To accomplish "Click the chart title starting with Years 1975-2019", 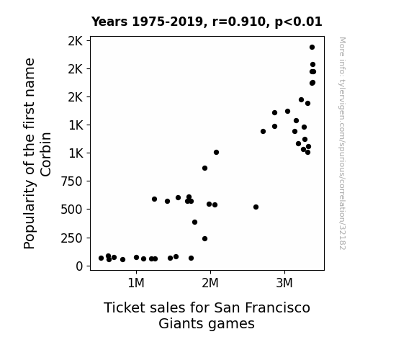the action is (x=207, y=22).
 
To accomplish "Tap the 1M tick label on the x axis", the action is (x=136, y=284).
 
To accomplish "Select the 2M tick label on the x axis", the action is (x=210, y=284).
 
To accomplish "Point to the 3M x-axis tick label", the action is (x=284, y=284).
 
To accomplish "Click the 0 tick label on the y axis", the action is (x=79, y=266).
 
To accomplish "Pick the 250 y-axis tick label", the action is (x=72, y=238).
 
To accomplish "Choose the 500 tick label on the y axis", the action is (x=72, y=210).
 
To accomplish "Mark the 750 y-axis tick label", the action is (x=72, y=181).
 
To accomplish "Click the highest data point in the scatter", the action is (x=312, y=48).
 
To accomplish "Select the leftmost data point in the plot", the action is (x=101, y=258).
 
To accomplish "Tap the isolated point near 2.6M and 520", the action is (x=256, y=207).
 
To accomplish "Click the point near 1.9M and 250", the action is (x=204, y=239).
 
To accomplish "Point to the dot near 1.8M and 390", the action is (x=195, y=222).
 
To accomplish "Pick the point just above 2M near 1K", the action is (x=216, y=153).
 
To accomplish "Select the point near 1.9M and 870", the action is (x=204, y=168).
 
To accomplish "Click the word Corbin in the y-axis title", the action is (x=46, y=154).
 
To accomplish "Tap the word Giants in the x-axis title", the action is (x=176, y=324).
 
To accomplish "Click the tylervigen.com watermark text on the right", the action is (x=342, y=143).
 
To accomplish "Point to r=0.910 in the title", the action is (x=240, y=22).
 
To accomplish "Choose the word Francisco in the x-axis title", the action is (x=277, y=308).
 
